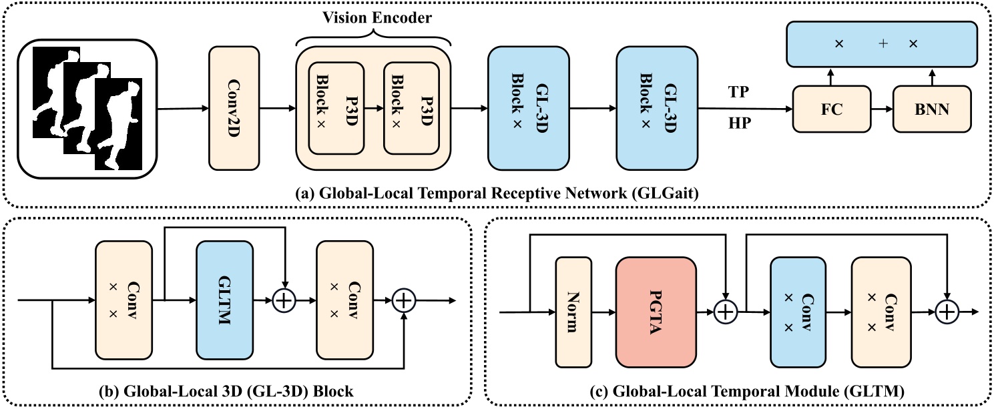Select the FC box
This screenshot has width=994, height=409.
[x=832, y=109]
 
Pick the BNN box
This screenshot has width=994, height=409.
[x=932, y=109]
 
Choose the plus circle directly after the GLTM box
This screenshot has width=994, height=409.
[x=285, y=301]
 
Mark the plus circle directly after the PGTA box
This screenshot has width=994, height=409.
[x=725, y=312]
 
